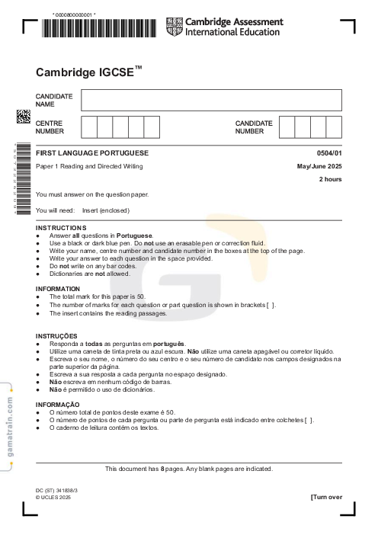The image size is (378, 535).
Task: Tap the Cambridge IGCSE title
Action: pyautogui.click(x=88, y=72)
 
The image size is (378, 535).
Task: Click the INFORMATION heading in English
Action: pyautogui.click(x=58, y=289)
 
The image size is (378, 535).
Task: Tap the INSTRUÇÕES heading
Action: pyautogui.click(x=56, y=336)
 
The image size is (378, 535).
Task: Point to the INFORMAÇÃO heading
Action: pyautogui.click(x=58, y=404)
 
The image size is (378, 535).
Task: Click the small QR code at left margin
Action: pyautogui.click(x=23, y=116)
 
